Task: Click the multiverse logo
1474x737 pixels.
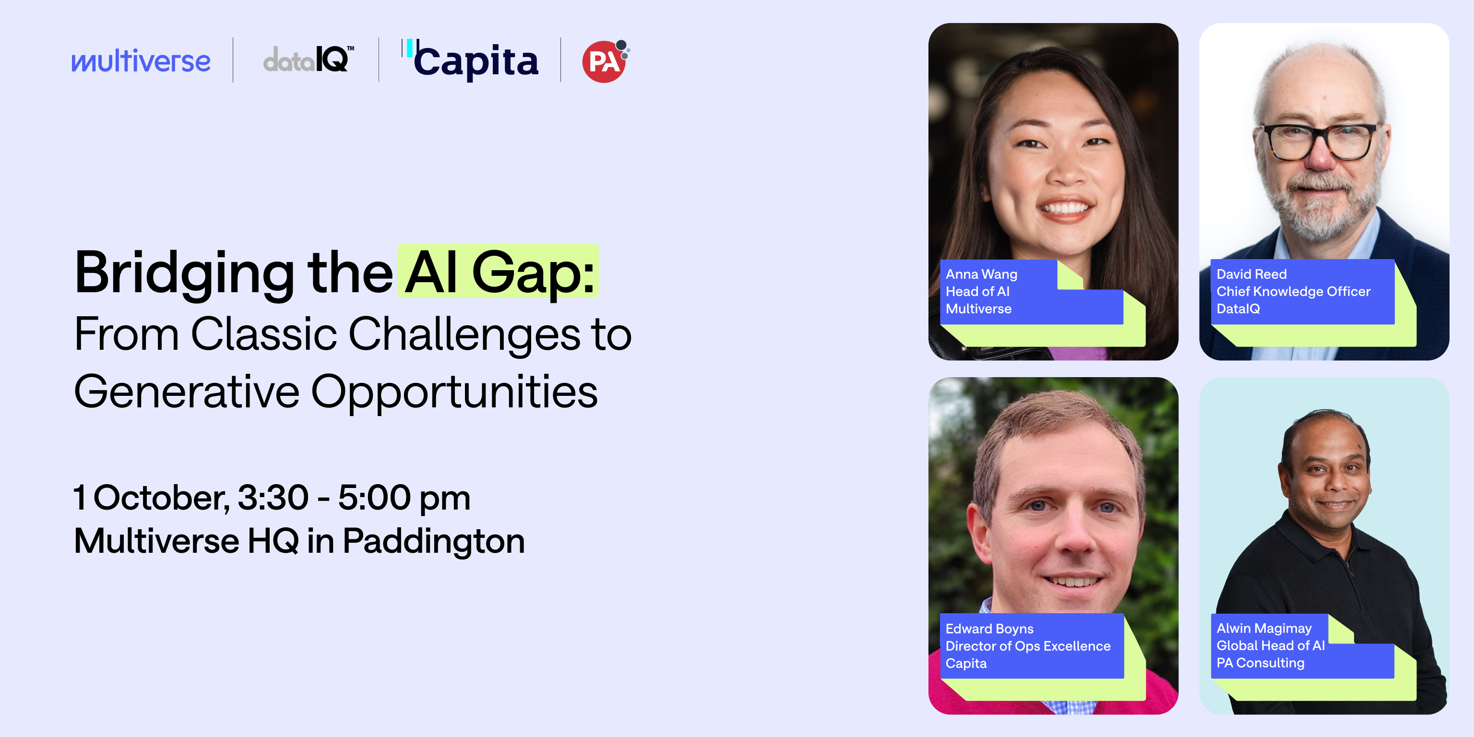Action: [141, 60]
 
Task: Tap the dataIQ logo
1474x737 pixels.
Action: [308, 59]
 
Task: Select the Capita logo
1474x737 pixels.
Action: [470, 60]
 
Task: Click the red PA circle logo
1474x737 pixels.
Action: [604, 62]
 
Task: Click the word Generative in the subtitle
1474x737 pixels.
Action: [187, 392]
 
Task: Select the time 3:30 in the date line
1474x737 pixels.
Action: [273, 498]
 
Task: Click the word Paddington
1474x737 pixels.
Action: [433, 541]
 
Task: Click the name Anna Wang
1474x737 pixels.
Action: [981, 274]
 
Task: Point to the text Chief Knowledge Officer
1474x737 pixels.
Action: [1293, 292]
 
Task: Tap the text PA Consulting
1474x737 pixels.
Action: [1260, 663]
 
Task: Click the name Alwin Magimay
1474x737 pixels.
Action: [1263, 628]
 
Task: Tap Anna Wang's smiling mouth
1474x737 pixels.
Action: [1066, 207]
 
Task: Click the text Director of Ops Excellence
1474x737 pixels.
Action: [1027, 646]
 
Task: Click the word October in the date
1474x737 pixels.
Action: [161, 498]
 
